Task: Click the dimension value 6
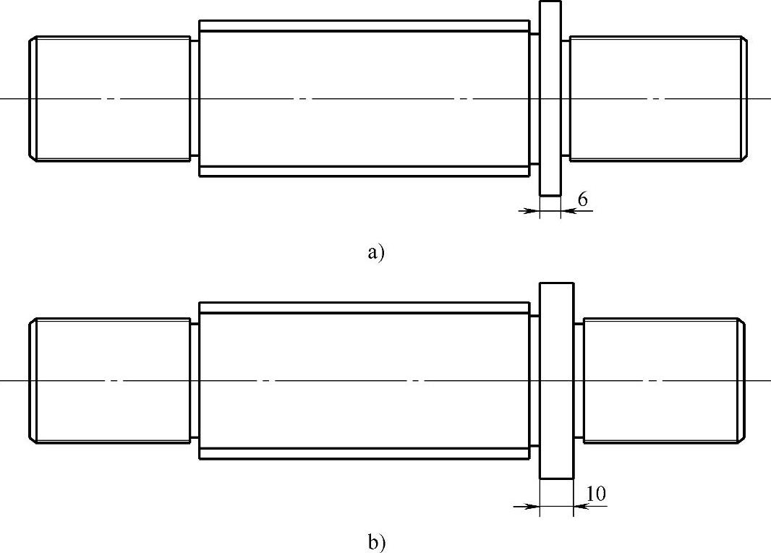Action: pyautogui.click(x=582, y=200)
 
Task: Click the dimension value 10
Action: pyautogui.click(x=596, y=494)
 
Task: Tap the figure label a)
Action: pyautogui.click(x=376, y=253)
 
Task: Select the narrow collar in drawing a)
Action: pyautogui.click(x=550, y=98)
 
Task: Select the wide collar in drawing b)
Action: pyautogui.click(x=557, y=380)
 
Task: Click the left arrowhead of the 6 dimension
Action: pyautogui.click(x=534, y=211)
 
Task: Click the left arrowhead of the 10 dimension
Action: pyautogui.click(x=534, y=506)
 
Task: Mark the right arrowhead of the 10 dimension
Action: pyautogui.click(x=579, y=506)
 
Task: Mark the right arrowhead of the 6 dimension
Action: pyautogui.click(x=565, y=211)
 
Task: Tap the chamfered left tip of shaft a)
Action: pyautogui.click(x=32, y=98)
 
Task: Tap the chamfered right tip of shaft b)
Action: pyautogui.click(x=741, y=380)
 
